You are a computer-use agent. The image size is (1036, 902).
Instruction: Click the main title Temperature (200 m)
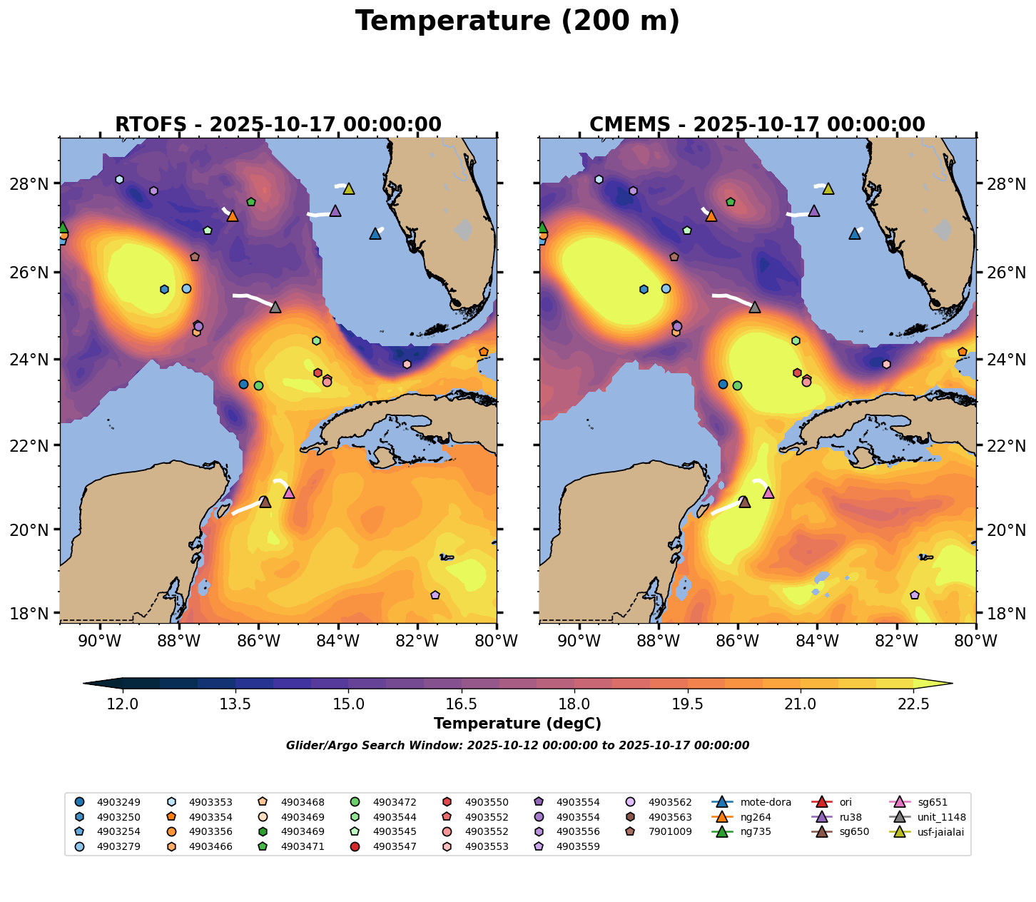(517, 21)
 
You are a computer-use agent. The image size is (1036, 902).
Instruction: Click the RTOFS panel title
(278, 125)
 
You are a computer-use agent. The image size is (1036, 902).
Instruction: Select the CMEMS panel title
(757, 125)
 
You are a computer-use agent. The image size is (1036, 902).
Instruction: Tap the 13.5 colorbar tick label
(235, 704)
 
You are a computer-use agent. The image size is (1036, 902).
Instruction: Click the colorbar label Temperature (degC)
(517, 724)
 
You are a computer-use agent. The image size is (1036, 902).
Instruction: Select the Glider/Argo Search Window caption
(517, 746)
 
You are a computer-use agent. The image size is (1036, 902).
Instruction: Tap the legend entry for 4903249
(118, 802)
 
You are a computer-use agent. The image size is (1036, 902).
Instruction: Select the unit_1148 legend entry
(933, 817)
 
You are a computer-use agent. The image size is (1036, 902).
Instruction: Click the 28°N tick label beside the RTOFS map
(33, 184)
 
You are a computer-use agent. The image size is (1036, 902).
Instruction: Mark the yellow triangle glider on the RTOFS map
(349, 189)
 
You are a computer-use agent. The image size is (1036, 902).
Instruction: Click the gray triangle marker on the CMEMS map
(755, 308)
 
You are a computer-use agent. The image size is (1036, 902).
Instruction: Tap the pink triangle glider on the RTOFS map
(289, 493)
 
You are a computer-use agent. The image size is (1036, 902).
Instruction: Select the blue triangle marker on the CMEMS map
(855, 234)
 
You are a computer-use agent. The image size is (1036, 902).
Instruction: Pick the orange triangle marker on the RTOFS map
(232, 216)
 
